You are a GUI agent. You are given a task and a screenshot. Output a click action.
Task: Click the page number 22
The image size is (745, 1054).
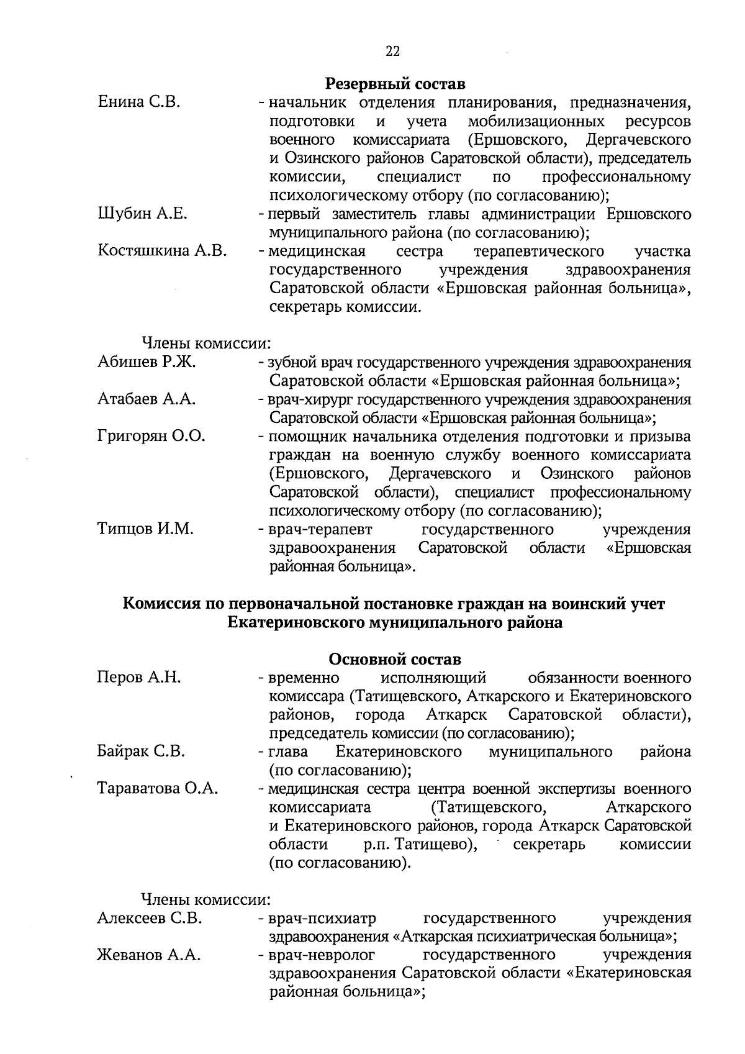[x=392, y=52]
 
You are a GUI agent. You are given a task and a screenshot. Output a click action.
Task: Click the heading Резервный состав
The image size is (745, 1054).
[x=395, y=83]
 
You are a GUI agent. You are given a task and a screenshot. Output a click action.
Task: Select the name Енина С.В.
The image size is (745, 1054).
[x=139, y=102]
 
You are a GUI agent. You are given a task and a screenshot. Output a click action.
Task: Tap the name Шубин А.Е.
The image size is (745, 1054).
[x=142, y=214]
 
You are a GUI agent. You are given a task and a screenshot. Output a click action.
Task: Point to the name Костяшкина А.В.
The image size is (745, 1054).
[x=162, y=252]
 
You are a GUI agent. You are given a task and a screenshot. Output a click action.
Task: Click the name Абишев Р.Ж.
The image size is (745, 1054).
[x=147, y=363]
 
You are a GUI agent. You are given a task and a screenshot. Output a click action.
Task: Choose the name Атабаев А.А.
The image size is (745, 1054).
[x=147, y=400]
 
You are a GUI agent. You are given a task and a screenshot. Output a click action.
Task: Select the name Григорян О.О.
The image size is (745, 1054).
[x=151, y=437]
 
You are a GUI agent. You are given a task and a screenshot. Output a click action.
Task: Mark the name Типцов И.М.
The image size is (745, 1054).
[x=145, y=529]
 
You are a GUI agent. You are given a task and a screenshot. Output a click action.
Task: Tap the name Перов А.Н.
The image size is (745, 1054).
[x=139, y=678]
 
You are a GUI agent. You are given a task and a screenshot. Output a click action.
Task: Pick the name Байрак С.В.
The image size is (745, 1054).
[x=141, y=752]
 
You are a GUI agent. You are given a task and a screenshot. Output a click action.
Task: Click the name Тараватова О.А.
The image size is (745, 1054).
[x=158, y=789]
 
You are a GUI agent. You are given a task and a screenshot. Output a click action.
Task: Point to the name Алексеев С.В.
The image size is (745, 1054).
[x=150, y=919]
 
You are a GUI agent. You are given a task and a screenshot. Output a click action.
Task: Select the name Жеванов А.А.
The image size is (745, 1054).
[x=149, y=956]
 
